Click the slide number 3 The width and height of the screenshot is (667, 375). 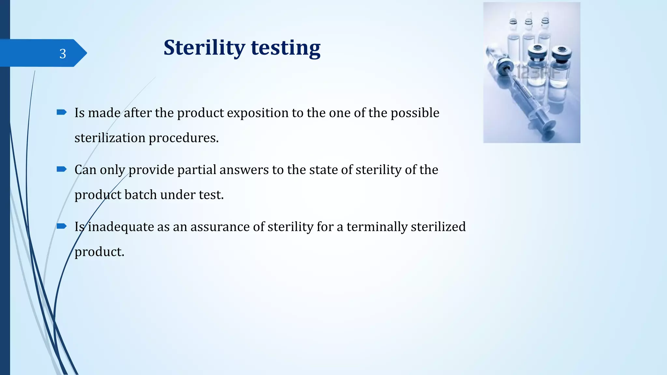pos(63,54)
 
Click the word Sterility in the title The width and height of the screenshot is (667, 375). pos(204,48)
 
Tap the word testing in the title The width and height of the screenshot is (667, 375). pos(286,48)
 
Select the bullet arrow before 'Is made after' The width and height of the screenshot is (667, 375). pos(62,112)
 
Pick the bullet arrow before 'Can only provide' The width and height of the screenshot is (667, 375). pos(62,169)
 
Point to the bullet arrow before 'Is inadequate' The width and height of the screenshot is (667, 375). pos(62,226)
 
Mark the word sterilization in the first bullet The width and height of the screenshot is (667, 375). pos(110,138)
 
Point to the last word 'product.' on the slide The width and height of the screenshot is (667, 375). pos(99,252)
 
